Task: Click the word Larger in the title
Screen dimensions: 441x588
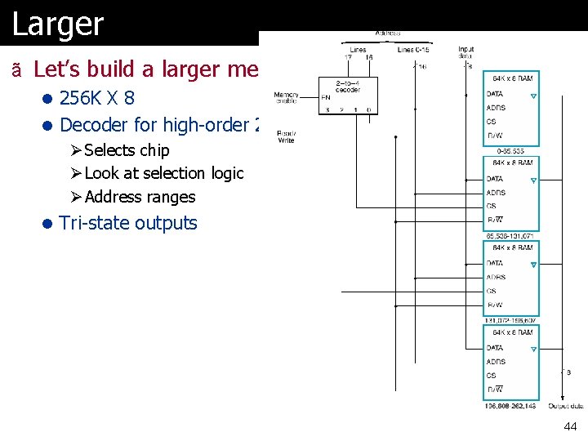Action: point(58,24)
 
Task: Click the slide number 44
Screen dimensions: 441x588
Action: point(569,427)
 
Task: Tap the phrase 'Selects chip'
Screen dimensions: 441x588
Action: point(127,150)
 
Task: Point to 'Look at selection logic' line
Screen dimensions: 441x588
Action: point(164,173)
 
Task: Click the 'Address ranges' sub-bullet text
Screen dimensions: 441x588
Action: point(140,197)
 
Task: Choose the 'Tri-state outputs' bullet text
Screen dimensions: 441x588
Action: point(128,223)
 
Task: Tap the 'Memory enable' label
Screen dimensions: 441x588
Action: point(287,97)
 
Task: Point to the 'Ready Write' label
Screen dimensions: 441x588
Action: point(286,136)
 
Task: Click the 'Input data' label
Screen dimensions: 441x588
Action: point(465,52)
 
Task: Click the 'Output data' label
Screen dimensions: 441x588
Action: point(565,406)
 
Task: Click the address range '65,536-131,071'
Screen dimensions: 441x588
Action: point(510,236)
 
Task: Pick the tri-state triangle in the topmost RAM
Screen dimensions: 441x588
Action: point(533,96)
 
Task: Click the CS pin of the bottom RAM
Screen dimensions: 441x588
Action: point(491,376)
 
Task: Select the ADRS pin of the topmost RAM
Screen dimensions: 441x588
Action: point(496,108)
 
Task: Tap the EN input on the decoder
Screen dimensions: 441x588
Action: point(326,97)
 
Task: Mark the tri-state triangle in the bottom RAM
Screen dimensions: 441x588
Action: point(533,350)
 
